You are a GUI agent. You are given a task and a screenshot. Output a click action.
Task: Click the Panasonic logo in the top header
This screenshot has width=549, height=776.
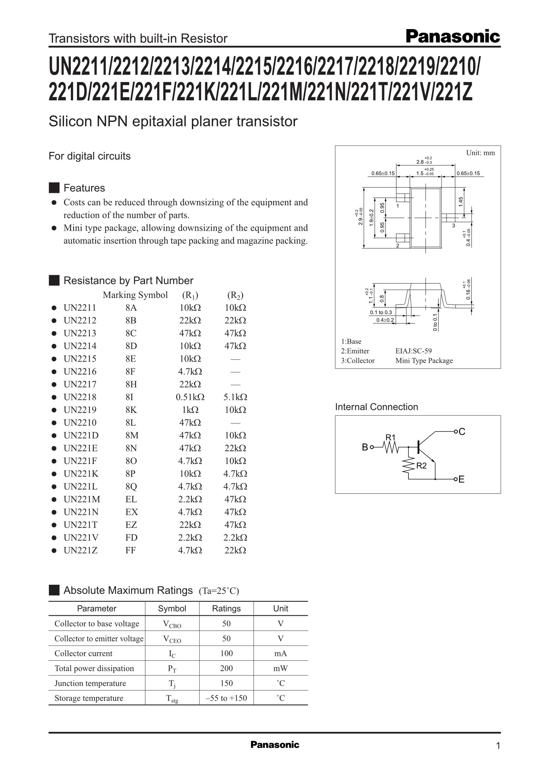(x=453, y=36)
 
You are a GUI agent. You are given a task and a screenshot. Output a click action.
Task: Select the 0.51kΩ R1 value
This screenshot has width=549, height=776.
(x=190, y=397)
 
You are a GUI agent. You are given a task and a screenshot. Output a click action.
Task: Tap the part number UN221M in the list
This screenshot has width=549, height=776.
(x=82, y=499)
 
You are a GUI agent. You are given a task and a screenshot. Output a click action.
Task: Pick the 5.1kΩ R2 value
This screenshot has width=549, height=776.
(x=235, y=397)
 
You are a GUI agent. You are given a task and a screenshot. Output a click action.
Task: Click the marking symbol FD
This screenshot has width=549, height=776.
(x=131, y=538)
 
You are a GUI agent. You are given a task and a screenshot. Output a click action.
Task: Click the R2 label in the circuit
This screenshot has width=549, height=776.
(x=421, y=466)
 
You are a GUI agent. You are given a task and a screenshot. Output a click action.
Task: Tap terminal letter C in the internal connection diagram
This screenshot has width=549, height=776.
(x=462, y=432)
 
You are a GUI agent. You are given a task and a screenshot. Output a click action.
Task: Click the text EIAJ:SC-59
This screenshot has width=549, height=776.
(x=413, y=351)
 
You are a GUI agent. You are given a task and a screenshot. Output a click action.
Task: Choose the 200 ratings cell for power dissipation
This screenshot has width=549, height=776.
(x=226, y=668)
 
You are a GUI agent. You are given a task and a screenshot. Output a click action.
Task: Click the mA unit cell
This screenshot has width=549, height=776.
(x=280, y=653)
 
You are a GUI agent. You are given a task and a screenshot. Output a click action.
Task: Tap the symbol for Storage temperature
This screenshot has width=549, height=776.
(x=172, y=699)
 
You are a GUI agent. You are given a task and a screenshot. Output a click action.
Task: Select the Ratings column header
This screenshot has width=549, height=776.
(x=226, y=608)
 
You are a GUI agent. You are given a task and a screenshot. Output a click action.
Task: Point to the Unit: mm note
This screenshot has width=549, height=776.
(x=480, y=153)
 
